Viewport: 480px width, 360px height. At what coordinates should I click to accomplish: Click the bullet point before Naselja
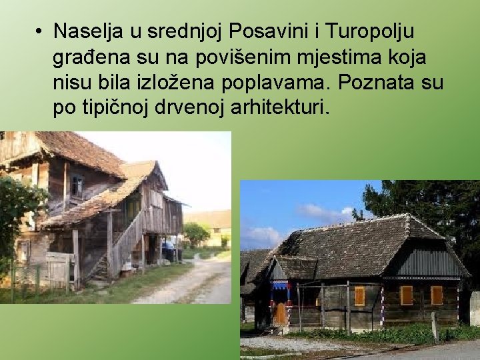click(40, 31)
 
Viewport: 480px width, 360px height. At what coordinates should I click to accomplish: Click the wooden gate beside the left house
click(56, 271)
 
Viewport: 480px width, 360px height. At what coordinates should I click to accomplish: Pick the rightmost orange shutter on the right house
click(437, 295)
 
